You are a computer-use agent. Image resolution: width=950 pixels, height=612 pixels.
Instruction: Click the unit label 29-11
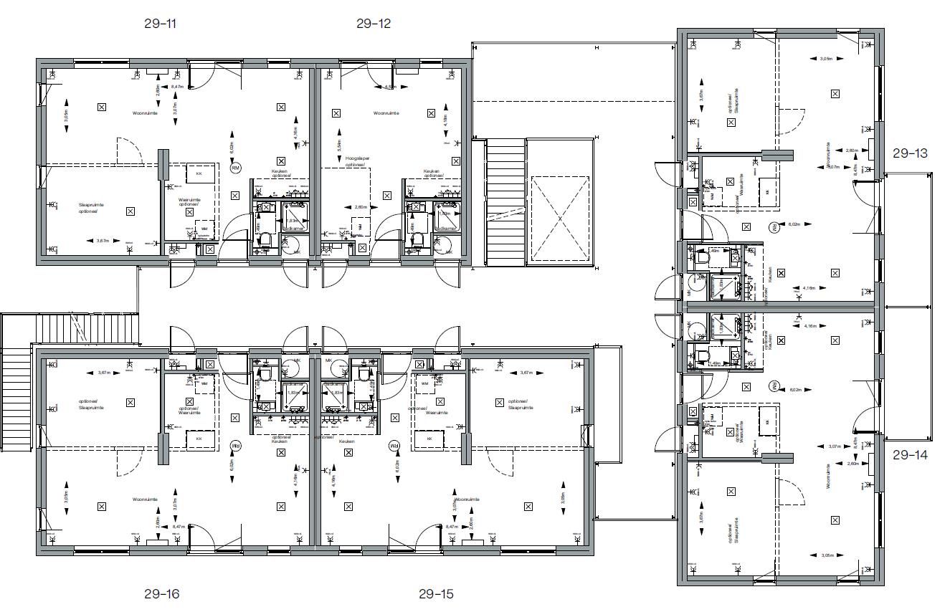[160, 24]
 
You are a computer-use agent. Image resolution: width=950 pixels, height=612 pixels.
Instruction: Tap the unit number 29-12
[374, 24]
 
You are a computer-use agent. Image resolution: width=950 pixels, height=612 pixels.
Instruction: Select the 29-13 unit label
[910, 153]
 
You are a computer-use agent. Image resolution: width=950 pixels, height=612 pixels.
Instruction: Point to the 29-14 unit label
[910, 454]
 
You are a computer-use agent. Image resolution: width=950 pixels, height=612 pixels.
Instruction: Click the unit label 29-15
[436, 594]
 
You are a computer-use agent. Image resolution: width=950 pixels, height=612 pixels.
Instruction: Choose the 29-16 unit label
[161, 594]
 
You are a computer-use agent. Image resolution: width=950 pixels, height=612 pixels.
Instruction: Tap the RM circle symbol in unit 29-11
[235, 168]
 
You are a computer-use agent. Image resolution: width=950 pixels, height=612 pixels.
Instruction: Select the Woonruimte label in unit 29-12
[386, 113]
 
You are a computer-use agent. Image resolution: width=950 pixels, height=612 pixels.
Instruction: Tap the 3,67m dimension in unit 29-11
[103, 241]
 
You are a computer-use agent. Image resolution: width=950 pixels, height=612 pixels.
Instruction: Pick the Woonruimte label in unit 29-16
[145, 499]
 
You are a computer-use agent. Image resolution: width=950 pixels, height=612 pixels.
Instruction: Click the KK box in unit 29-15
[430, 439]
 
